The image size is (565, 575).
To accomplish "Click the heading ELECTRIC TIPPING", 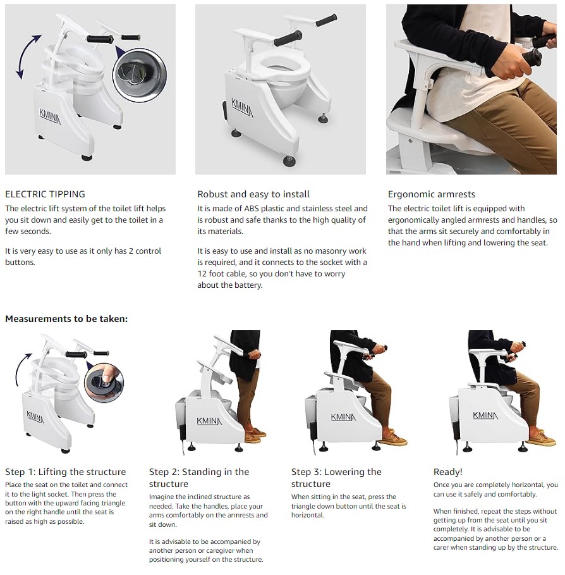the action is point(45,194).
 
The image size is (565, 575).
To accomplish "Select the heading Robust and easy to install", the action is point(253,194).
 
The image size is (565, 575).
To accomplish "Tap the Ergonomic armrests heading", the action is point(431,194).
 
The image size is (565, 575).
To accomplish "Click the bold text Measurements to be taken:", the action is point(66,319).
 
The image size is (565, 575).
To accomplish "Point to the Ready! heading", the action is point(447,472).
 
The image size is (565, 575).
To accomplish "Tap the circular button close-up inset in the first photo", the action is point(140,75).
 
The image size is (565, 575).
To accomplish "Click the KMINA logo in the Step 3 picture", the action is point(343,417).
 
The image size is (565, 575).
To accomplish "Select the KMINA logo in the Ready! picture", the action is point(485,416).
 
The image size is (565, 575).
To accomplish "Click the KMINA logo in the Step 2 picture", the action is point(209,421).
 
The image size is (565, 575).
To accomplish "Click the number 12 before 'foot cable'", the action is point(202,274).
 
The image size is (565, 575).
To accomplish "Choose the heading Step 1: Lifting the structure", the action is point(65,472).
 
